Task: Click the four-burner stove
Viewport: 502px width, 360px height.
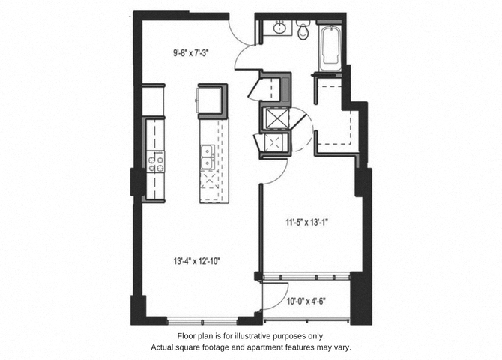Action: click(156, 164)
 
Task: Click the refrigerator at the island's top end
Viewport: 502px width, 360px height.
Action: click(211, 98)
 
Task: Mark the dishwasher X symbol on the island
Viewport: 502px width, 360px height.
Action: click(210, 183)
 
